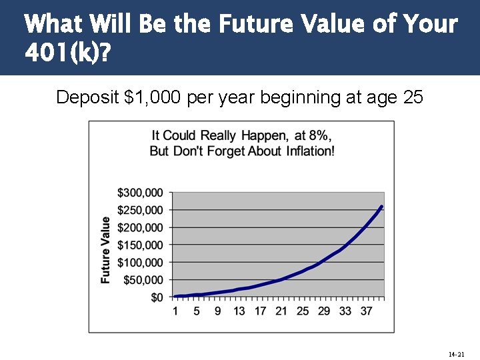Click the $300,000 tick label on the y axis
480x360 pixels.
pyautogui.click(x=139, y=193)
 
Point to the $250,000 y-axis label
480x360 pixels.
pyautogui.click(x=139, y=210)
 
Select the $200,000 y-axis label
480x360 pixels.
pyautogui.click(x=139, y=227)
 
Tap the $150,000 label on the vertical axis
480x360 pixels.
pyautogui.click(x=139, y=245)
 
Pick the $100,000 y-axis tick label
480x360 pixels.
pyautogui.click(x=139, y=263)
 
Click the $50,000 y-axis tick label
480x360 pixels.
pyautogui.click(x=142, y=280)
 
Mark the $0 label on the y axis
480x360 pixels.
pyautogui.click(x=155, y=297)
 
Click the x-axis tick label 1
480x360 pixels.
pyautogui.click(x=175, y=310)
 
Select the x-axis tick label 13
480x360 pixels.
pyautogui.click(x=239, y=310)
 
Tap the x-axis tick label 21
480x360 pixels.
pyautogui.click(x=281, y=310)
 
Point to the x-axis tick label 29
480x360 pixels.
pyautogui.click(x=324, y=310)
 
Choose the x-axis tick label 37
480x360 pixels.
pyautogui.click(x=367, y=310)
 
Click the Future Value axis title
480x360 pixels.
pyautogui.click(x=106, y=250)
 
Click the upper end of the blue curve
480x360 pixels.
pyautogui.click(x=381, y=207)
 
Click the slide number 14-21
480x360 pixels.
pyautogui.click(x=456, y=353)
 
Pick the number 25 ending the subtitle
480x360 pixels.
pyautogui.click(x=413, y=97)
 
